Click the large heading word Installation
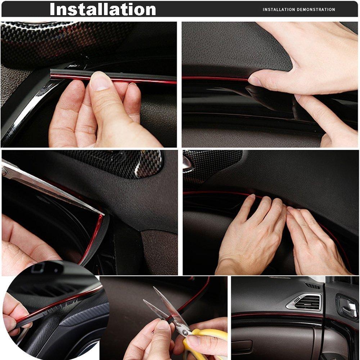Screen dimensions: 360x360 coord(103,9)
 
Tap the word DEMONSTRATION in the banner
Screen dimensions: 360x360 coord(316,10)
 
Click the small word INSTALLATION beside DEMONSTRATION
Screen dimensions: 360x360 coord(279,10)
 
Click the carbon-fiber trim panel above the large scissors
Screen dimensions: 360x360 coord(129,163)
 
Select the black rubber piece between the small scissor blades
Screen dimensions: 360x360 coord(170,319)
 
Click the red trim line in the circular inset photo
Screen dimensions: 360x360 coord(57,300)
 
